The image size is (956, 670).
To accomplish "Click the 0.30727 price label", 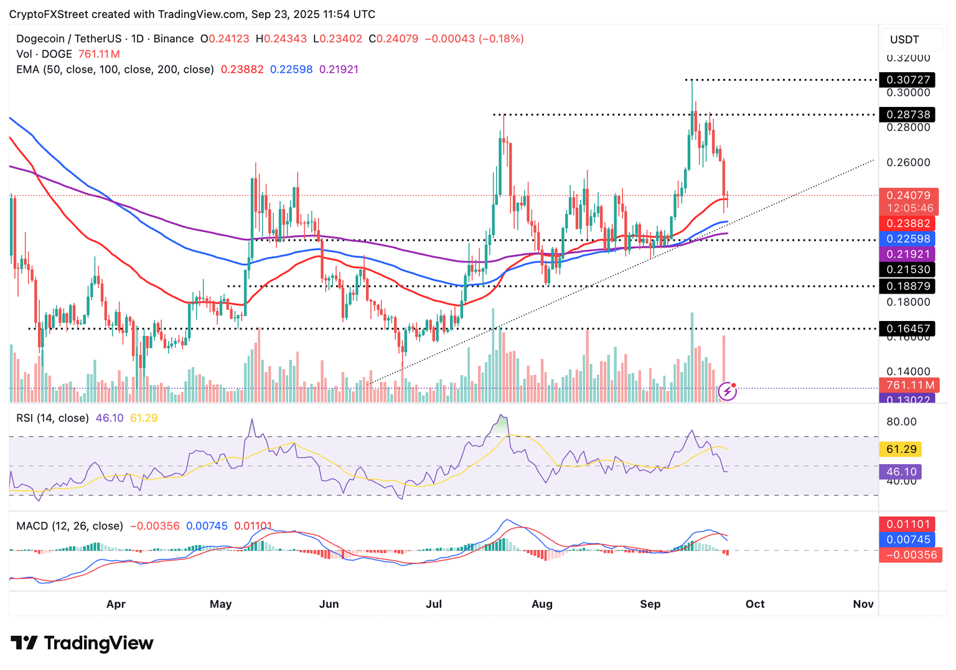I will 908,80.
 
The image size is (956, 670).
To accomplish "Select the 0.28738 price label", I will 908,114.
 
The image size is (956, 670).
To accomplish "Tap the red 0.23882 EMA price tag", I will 908,223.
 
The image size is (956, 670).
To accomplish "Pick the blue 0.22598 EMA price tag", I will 908,239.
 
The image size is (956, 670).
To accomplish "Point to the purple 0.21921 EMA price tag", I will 908,254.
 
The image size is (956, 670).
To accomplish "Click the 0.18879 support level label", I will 908,286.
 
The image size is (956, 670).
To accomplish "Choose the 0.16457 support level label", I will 908,328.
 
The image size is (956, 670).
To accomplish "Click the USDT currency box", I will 904,39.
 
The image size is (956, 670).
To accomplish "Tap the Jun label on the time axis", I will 329,604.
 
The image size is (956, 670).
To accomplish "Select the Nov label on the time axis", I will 863,604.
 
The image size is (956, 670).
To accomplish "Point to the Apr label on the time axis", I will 116,604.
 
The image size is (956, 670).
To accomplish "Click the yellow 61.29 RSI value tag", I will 901,449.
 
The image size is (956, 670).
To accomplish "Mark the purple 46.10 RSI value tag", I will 901,472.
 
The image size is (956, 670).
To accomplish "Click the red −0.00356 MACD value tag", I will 911,555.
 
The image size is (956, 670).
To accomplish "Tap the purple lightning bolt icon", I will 727,391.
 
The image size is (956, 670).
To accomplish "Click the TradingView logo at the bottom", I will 82,643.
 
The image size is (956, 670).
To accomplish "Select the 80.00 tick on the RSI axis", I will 901,422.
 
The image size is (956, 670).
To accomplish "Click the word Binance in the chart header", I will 174,39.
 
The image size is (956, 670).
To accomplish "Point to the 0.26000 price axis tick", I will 908,162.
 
